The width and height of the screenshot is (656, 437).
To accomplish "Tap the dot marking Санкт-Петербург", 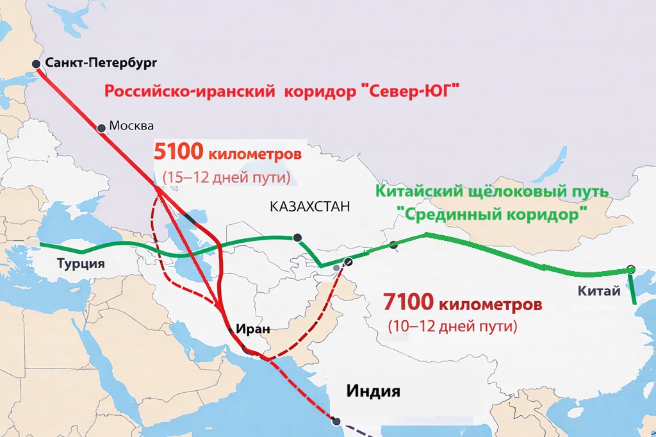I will [37, 63].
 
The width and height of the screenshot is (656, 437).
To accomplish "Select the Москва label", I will [132, 126].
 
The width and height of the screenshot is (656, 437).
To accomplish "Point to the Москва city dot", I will [101, 128].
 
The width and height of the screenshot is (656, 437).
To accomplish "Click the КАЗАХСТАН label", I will [311, 207].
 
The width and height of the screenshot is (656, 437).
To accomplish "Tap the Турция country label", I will [80, 263].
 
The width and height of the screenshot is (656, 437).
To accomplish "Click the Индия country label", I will [373, 390].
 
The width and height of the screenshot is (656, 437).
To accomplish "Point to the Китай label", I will [599, 292].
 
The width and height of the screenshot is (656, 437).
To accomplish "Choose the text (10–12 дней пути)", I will [452, 326].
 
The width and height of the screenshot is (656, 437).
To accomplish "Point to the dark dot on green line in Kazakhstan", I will [297, 238].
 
